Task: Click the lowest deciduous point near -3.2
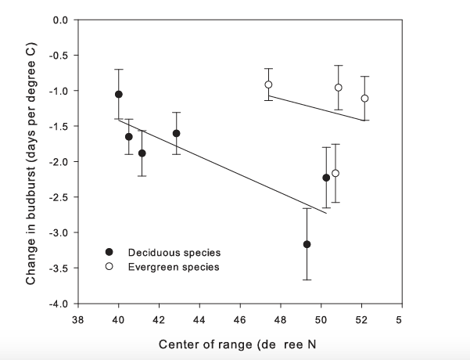[x=307, y=244]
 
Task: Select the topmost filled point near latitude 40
[x=119, y=94]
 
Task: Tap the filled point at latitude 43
[x=177, y=133]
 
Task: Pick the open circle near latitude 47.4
[x=268, y=85]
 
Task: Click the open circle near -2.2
[x=335, y=173]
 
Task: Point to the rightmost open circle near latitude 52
[x=364, y=98]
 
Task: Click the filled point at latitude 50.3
[x=326, y=178]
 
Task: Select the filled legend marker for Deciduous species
[x=110, y=252]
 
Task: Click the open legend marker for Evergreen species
[x=110, y=267]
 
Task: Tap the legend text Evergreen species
[x=174, y=267]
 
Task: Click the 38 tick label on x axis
[x=77, y=319]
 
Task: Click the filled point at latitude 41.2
[x=142, y=153]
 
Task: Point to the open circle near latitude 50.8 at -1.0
[x=339, y=88]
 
